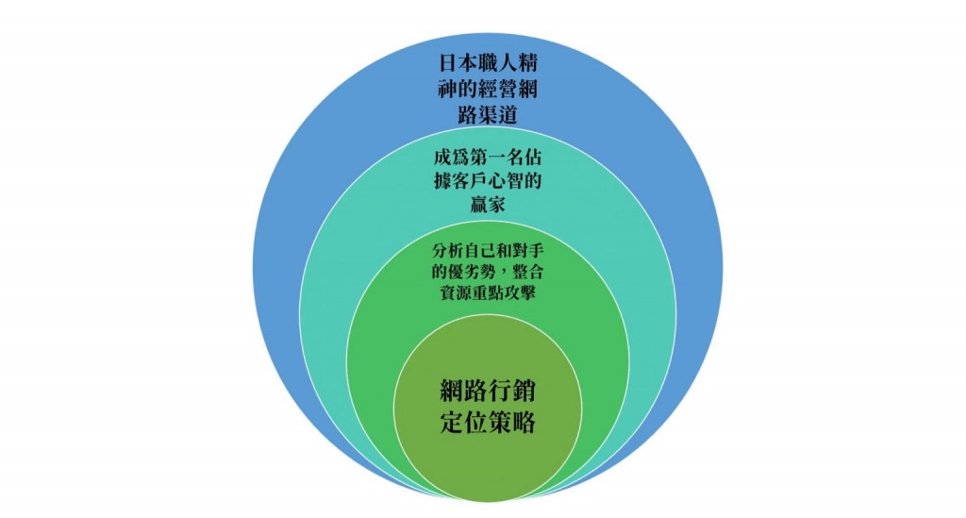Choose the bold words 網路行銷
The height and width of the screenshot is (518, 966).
pos(488,391)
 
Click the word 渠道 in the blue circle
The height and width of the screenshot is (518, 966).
pos(500,115)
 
